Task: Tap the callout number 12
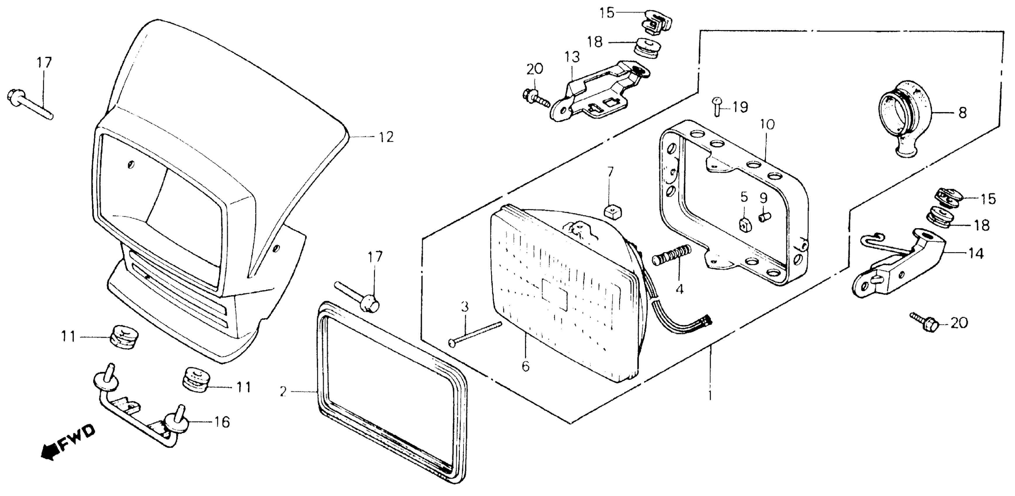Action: pos(386,137)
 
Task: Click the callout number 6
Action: pos(526,366)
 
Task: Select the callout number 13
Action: pos(572,57)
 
